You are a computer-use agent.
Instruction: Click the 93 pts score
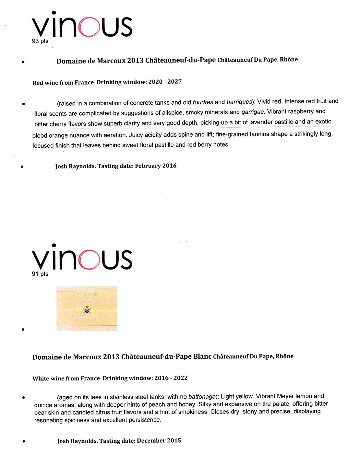[x=40, y=41]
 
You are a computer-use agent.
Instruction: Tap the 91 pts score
[x=40, y=274]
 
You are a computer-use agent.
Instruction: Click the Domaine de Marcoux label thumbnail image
[x=87, y=308]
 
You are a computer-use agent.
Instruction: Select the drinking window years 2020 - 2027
[x=165, y=82]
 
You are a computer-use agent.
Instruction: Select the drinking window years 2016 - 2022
[x=171, y=378]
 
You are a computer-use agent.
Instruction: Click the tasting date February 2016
[x=156, y=166]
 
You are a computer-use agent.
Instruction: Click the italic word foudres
[x=203, y=102]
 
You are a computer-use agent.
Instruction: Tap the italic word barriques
[x=239, y=102]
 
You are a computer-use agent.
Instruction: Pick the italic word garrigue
[x=253, y=112]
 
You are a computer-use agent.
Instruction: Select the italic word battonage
[x=202, y=397]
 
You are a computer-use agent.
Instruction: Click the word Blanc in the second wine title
[x=202, y=356]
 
